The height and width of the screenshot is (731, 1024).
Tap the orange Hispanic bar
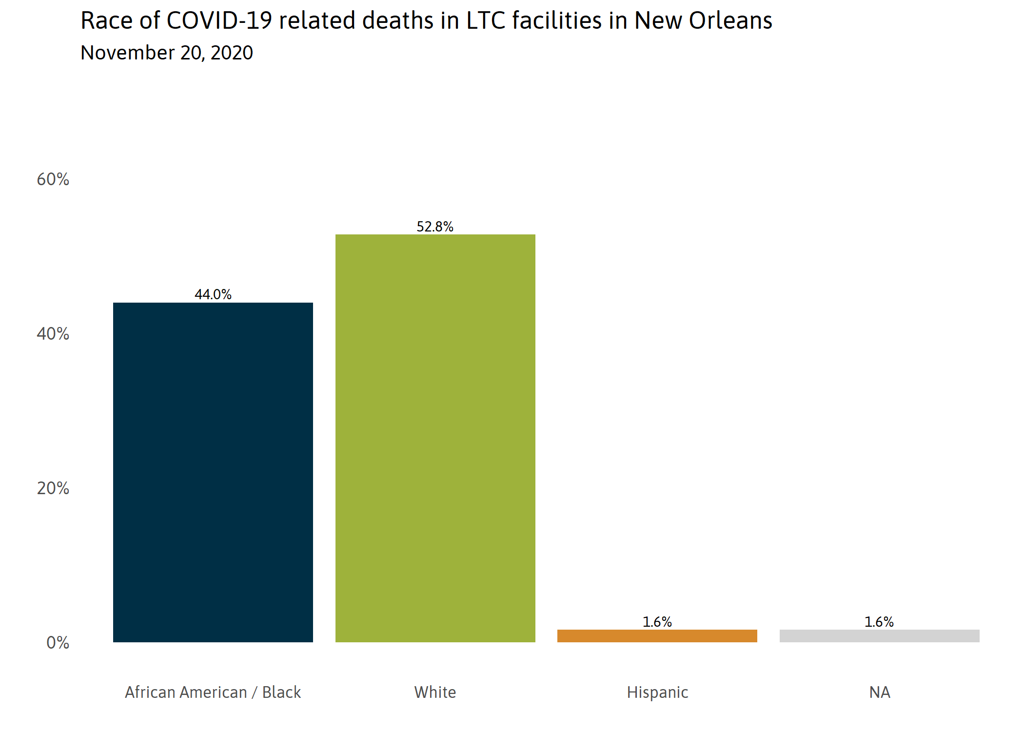click(x=657, y=635)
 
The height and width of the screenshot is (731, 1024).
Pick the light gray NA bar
click(x=879, y=635)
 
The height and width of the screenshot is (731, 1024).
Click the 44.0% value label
click(x=213, y=294)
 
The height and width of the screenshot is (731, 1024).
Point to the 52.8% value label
click(x=435, y=227)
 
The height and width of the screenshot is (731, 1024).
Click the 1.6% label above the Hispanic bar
click(x=657, y=622)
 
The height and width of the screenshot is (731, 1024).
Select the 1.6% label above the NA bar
click(x=879, y=622)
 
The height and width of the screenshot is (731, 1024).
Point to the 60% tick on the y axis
click(x=53, y=179)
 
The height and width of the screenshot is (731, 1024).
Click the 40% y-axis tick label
click(x=53, y=334)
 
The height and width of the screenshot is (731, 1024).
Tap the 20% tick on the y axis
click(x=53, y=488)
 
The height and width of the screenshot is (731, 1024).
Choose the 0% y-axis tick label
click(x=58, y=643)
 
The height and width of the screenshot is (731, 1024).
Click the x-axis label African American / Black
click(x=213, y=692)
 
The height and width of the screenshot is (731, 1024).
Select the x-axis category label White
click(x=435, y=692)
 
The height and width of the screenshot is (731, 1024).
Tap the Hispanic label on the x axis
click(x=657, y=692)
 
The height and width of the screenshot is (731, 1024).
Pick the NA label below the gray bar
click(x=880, y=692)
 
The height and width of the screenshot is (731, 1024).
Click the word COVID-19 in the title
click(x=219, y=21)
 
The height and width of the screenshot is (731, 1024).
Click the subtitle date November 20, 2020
click(x=167, y=53)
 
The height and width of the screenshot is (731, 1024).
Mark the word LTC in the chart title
click(x=485, y=21)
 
